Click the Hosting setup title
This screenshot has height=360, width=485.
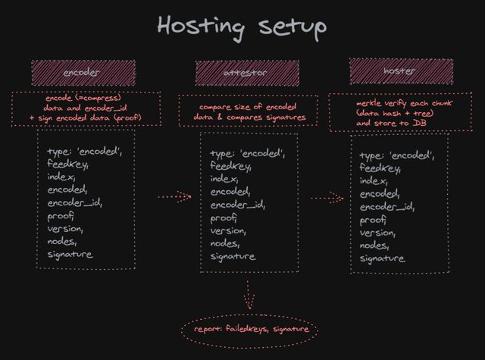tap(242, 27)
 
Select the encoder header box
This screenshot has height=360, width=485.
tap(83, 74)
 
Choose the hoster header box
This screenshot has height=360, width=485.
tap(401, 71)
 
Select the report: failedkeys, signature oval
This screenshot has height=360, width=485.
tap(249, 330)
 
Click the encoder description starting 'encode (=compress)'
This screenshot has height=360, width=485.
tap(85, 108)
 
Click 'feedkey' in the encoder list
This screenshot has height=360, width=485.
tap(67, 164)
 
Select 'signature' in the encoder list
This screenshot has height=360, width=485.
tap(70, 254)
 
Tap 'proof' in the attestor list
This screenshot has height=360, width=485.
tap(224, 218)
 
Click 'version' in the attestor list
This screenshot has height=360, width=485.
tap(228, 231)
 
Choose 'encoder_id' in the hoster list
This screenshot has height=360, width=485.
tap(386, 207)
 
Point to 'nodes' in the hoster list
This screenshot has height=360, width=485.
tap(376, 246)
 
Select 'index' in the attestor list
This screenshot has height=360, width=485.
tap(224, 179)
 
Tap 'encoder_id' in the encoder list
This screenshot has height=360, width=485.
tap(74, 203)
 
